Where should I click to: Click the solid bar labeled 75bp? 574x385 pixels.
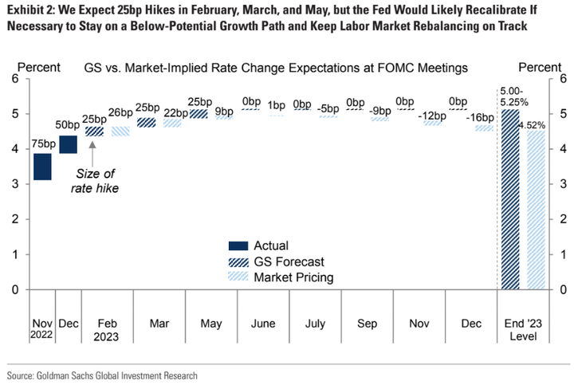(42, 167)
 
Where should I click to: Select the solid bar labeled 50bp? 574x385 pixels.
(68, 144)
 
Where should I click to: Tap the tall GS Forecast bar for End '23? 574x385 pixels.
(510, 199)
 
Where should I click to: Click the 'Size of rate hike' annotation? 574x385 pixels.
(102, 181)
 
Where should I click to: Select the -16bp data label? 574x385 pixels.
(482, 118)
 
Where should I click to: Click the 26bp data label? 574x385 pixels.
(120, 112)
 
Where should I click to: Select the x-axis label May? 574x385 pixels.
(210, 324)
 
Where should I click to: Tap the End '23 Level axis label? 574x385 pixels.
(524, 330)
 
